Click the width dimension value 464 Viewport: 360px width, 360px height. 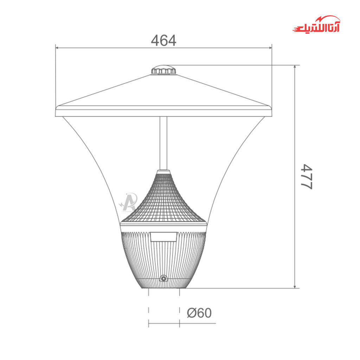(163, 40)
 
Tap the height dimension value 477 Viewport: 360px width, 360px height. (307, 176)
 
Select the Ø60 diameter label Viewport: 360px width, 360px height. (199, 313)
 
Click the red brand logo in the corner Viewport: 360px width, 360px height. (316, 24)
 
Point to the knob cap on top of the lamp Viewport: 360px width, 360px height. (163, 70)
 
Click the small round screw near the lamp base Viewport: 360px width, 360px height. (163, 279)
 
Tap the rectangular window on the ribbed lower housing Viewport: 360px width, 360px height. (163, 237)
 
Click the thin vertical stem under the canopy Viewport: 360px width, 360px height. (163, 143)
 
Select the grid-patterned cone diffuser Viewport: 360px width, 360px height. (163, 198)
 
